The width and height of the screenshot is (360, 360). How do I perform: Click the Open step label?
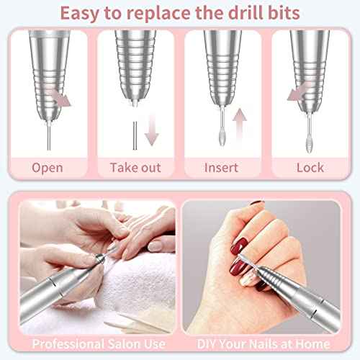point(47,168)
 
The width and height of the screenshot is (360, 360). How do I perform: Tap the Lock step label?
point(310,168)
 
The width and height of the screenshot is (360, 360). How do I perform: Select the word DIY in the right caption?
point(207,343)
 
